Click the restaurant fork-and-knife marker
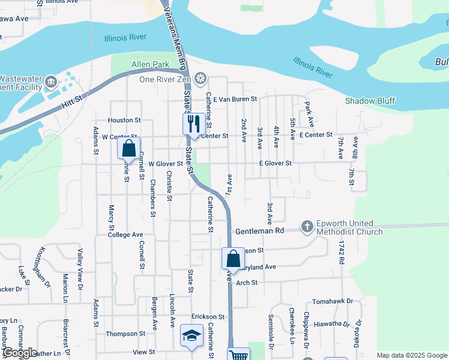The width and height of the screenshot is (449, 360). tap(193, 124)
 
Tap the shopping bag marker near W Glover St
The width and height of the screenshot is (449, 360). tap(128, 149)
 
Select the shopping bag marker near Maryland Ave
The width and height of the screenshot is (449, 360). tap(232, 259)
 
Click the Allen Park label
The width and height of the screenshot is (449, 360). tap(149, 64)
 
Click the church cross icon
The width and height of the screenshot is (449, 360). tap(307, 227)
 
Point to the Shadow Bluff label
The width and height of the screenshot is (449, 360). tap(370, 101)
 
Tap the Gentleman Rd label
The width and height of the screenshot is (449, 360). tap(259, 231)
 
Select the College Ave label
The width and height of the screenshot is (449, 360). tap(125, 235)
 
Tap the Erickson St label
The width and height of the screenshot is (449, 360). tap(208, 316)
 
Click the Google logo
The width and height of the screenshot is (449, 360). tap(20, 353)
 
